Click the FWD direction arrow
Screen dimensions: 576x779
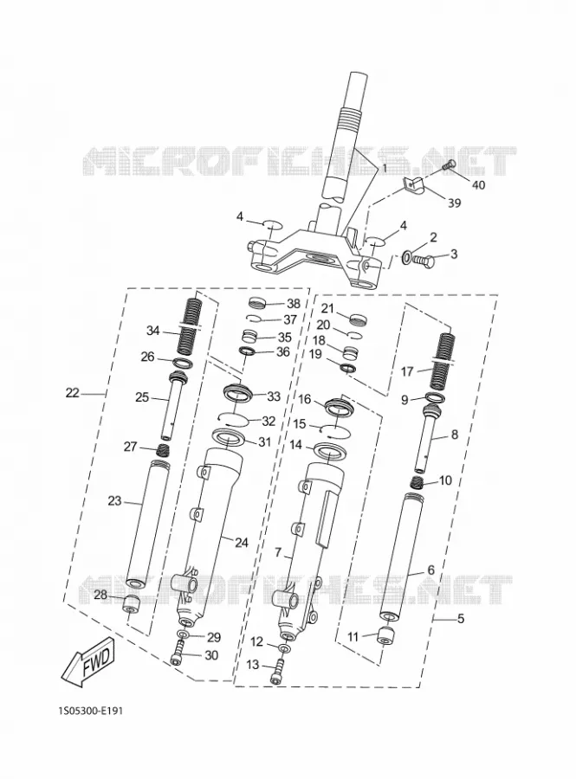point(88,661)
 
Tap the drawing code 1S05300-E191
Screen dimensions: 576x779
point(90,711)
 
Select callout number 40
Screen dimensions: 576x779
point(478,185)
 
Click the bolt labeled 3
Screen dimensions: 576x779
point(425,260)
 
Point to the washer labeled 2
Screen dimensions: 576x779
point(405,258)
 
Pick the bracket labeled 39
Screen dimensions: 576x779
point(412,184)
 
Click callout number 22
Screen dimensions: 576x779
point(72,393)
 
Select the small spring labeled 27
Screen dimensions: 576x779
point(163,450)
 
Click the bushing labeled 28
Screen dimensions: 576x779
point(131,602)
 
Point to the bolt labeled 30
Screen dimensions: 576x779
point(178,653)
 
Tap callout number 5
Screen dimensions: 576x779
point(461,620)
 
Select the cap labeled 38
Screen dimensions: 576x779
point(258,303)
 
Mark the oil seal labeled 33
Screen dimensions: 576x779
point(238,391)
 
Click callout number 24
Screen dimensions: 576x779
point(241,543)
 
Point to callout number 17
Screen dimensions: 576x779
point(407,371)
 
